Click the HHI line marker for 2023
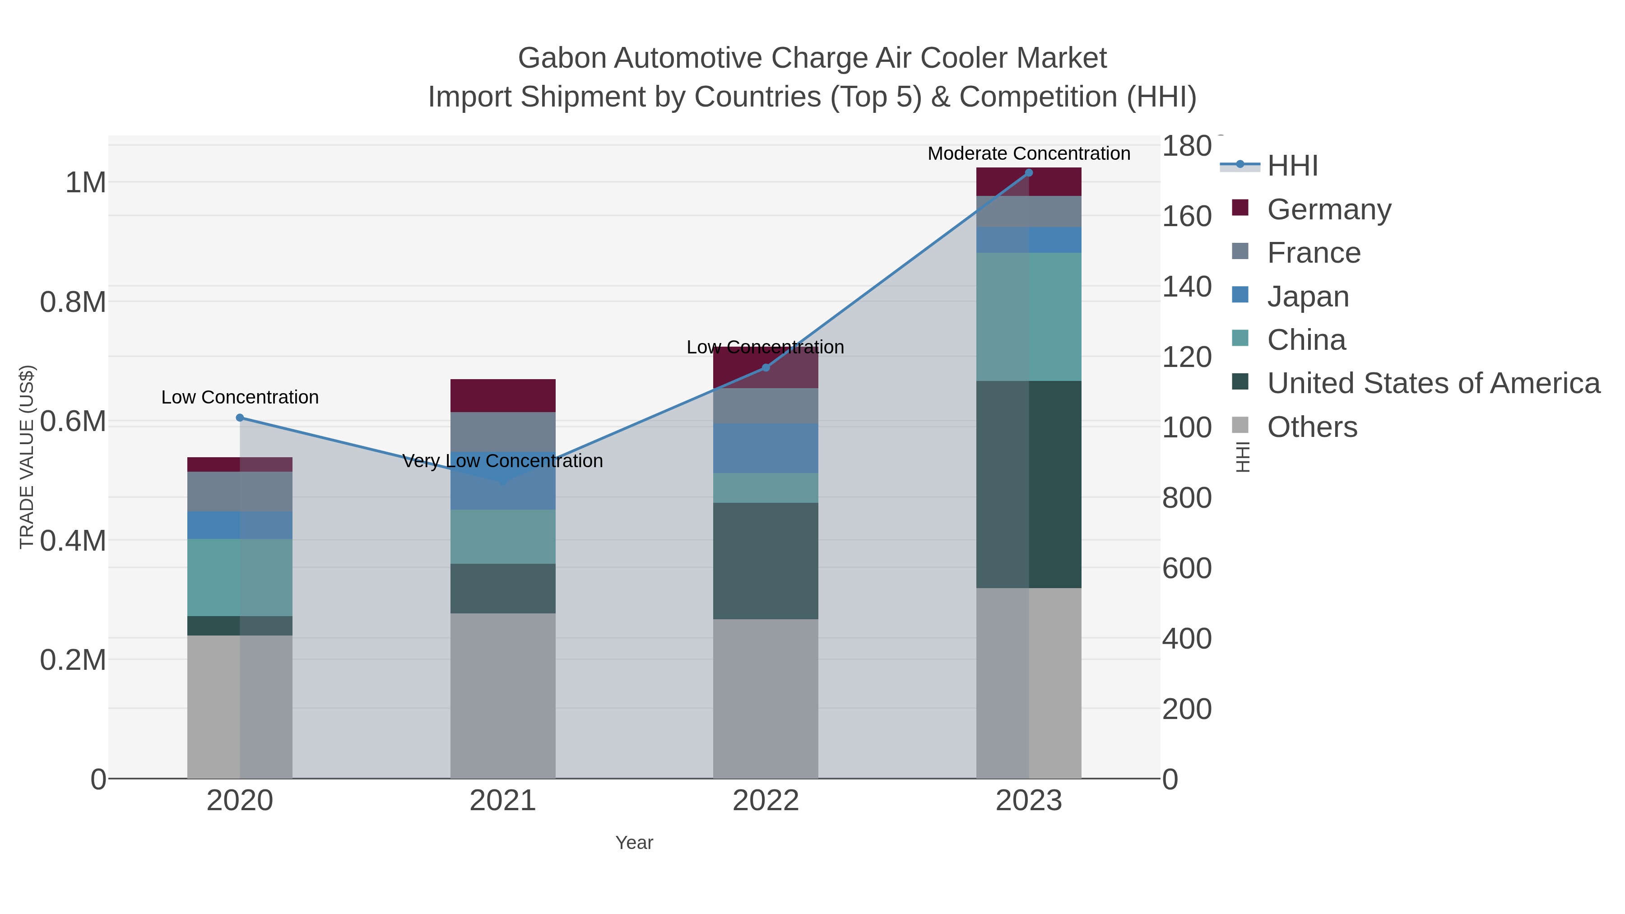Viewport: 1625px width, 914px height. click(x=1029, y=173)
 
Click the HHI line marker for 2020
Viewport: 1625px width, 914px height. click(x=240, y=418)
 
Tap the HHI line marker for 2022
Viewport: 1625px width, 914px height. click(x=766, y=368)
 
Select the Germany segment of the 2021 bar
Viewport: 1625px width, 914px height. click(x=503, y=395)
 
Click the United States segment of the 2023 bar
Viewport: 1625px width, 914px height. click(x=1029, y=484)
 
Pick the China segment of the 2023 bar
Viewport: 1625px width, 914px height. click(x=1029, y=317)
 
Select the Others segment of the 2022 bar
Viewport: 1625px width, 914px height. click(x=766, y=698)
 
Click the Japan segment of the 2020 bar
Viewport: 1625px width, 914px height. click(x=240, y=525)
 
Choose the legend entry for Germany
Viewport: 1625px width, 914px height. click(x=1328, y=209)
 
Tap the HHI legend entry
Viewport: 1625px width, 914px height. click(x=1292, y=166)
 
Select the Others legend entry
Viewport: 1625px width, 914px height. click(x=1311, y=427)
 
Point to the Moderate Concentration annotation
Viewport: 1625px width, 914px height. click(x=1029, y=153)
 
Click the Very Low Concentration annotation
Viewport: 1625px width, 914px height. click(x=503, y=461)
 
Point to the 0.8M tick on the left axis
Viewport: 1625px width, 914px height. click(x=73, y=302)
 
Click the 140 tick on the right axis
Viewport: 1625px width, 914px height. click(x=1187, y=287)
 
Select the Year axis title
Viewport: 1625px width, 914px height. click(x=634, y=843)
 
